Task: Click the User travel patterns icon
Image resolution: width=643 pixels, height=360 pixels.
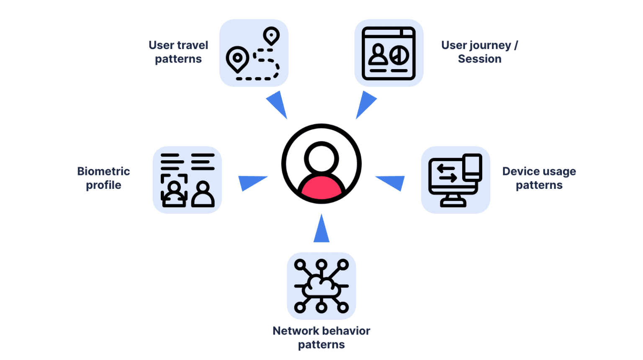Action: (254, 53)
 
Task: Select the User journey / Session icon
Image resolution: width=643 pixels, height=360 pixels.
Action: (388, 53)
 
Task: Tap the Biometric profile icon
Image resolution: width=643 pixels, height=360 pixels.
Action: (187, 180)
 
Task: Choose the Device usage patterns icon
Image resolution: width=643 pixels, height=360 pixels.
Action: (455, 180)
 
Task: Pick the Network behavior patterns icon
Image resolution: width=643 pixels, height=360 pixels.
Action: (321, 286)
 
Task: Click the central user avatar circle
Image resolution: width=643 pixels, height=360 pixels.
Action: (321, 164)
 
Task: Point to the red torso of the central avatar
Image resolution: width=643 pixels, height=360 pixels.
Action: (321, 188)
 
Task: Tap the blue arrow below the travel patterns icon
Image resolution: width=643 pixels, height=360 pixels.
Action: (278, 104)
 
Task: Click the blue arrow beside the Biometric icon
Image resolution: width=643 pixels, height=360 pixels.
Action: (251, 182)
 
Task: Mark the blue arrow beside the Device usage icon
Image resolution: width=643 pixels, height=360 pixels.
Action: (392, 182)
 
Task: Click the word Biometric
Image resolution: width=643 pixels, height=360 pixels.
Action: (103, 171)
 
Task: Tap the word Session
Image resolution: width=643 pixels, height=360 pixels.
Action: (479, 59)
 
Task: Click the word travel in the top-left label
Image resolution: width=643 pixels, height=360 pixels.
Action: (193, 45)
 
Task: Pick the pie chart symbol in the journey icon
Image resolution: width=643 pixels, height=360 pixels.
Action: (399, 55)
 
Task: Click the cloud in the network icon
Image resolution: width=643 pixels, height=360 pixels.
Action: (321, 287)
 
